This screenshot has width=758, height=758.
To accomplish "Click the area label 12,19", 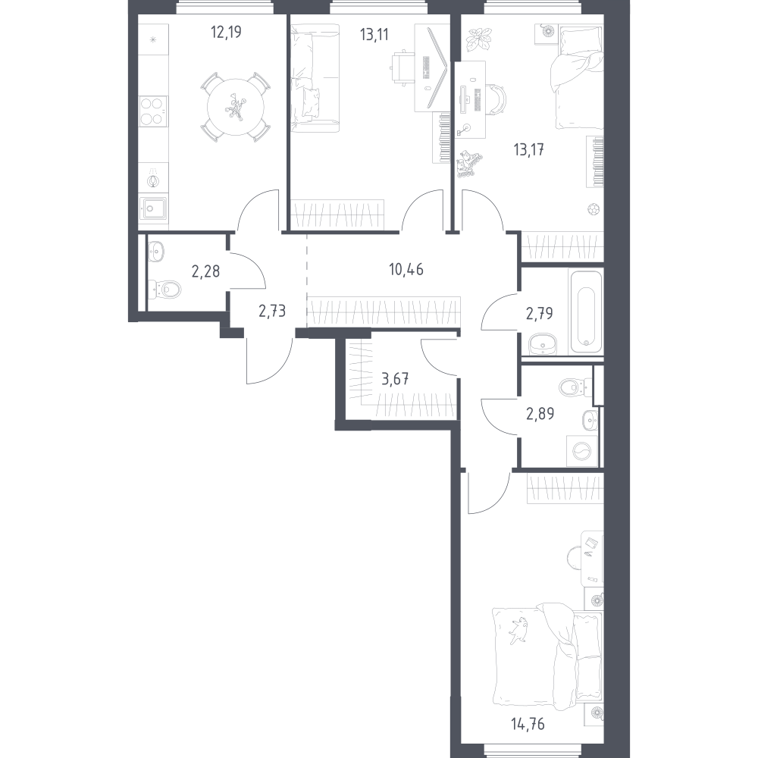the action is tap(226, 33).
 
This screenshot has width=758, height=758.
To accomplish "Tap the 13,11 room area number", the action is tap(374, 35).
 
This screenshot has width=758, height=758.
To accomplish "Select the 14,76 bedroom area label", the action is tap(528, 724).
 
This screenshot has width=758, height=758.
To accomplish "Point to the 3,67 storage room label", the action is tap(395, 378).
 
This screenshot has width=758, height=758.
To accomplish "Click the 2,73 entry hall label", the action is tap(272, 311).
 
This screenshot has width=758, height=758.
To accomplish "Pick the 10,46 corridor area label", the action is tap(406, 269).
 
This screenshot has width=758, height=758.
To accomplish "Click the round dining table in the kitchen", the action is tap(236, 108).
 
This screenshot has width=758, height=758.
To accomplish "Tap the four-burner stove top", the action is tap(153, 111).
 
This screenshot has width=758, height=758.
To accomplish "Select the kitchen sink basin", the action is tap(153, 209).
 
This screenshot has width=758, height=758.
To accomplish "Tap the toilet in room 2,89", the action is tap(575, 387).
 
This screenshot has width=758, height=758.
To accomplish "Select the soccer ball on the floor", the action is tap(594, 209).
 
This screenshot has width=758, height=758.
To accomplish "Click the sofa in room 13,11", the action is tap(315, 78).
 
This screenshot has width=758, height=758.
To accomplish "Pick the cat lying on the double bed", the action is tap(517, 631).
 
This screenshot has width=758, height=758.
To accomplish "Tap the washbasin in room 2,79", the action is tap(543, 343).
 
